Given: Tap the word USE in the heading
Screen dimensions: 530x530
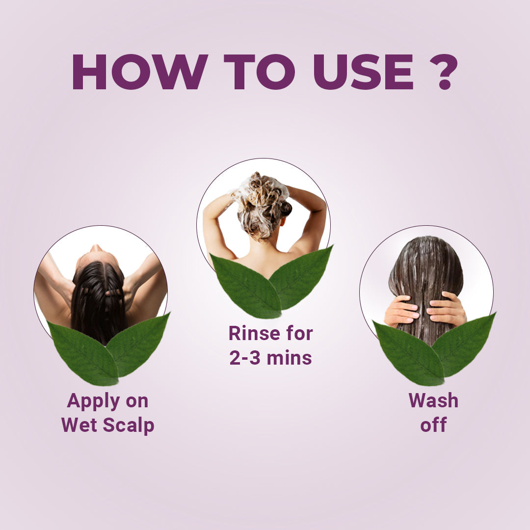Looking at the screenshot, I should (364, 72).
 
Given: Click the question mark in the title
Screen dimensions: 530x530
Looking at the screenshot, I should (445, 72).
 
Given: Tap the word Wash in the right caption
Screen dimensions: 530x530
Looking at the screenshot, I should (433, 400).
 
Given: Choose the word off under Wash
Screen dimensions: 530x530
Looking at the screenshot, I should (433, 425).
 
